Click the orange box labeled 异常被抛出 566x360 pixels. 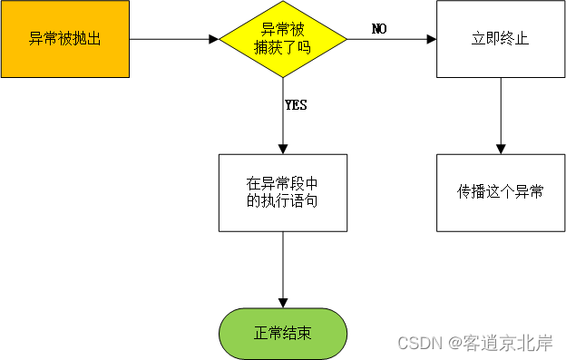[x=64, y=39]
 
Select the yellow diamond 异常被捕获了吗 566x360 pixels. [x=283, y=39]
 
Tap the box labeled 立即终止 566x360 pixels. [x=500, y=39]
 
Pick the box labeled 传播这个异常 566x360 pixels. [x=500, y=192]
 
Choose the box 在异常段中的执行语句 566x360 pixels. [x=283, y=192]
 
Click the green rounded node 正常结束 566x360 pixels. [x=283, y=333]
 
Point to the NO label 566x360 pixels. [x=379, y=29]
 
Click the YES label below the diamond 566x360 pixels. [x=296, y=105]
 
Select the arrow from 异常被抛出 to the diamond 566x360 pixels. [x=172, y=39]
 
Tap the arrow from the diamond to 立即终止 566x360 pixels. [x=390, y=39]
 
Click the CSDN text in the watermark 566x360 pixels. [x=418, y=343]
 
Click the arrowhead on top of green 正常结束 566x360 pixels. [x=283, y=303]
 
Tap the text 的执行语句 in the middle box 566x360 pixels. [x=283, y=201]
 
